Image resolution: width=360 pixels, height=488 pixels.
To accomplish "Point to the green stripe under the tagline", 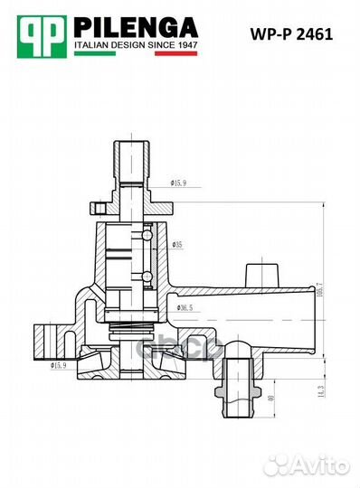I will (99, 54).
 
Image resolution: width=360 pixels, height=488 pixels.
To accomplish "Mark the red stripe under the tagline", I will (176, 54).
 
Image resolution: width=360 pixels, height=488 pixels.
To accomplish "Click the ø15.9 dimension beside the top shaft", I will (177, 183).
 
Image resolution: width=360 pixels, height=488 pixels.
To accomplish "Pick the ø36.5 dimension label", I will (184, 308).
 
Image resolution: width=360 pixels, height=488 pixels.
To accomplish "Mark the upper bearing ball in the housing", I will (147, 235).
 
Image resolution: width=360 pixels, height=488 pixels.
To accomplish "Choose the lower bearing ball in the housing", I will (147, 273).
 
